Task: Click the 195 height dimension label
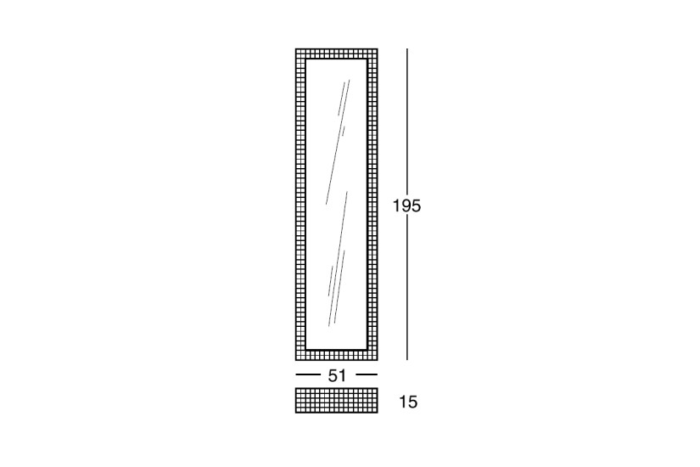pyautogui.click(x=406, y=206)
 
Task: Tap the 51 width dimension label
pyautogui.click(x=337, y=376)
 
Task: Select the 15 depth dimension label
pyautogui.click(x=408, y=402)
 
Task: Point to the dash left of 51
pyautogui.click(x=305, y=374)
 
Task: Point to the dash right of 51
pyautogui.click(x=367, y=374)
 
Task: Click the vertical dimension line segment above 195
pyautogui.click(x=406, y=122)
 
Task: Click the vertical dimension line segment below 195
pyautogui.click(x=406, y=288)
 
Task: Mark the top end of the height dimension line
pyautogui.click(x=406, y=48)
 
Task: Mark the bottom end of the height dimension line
pyautogui.click(x=406, y=360)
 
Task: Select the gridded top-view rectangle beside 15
pyautogui.click(x=337, y=401)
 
